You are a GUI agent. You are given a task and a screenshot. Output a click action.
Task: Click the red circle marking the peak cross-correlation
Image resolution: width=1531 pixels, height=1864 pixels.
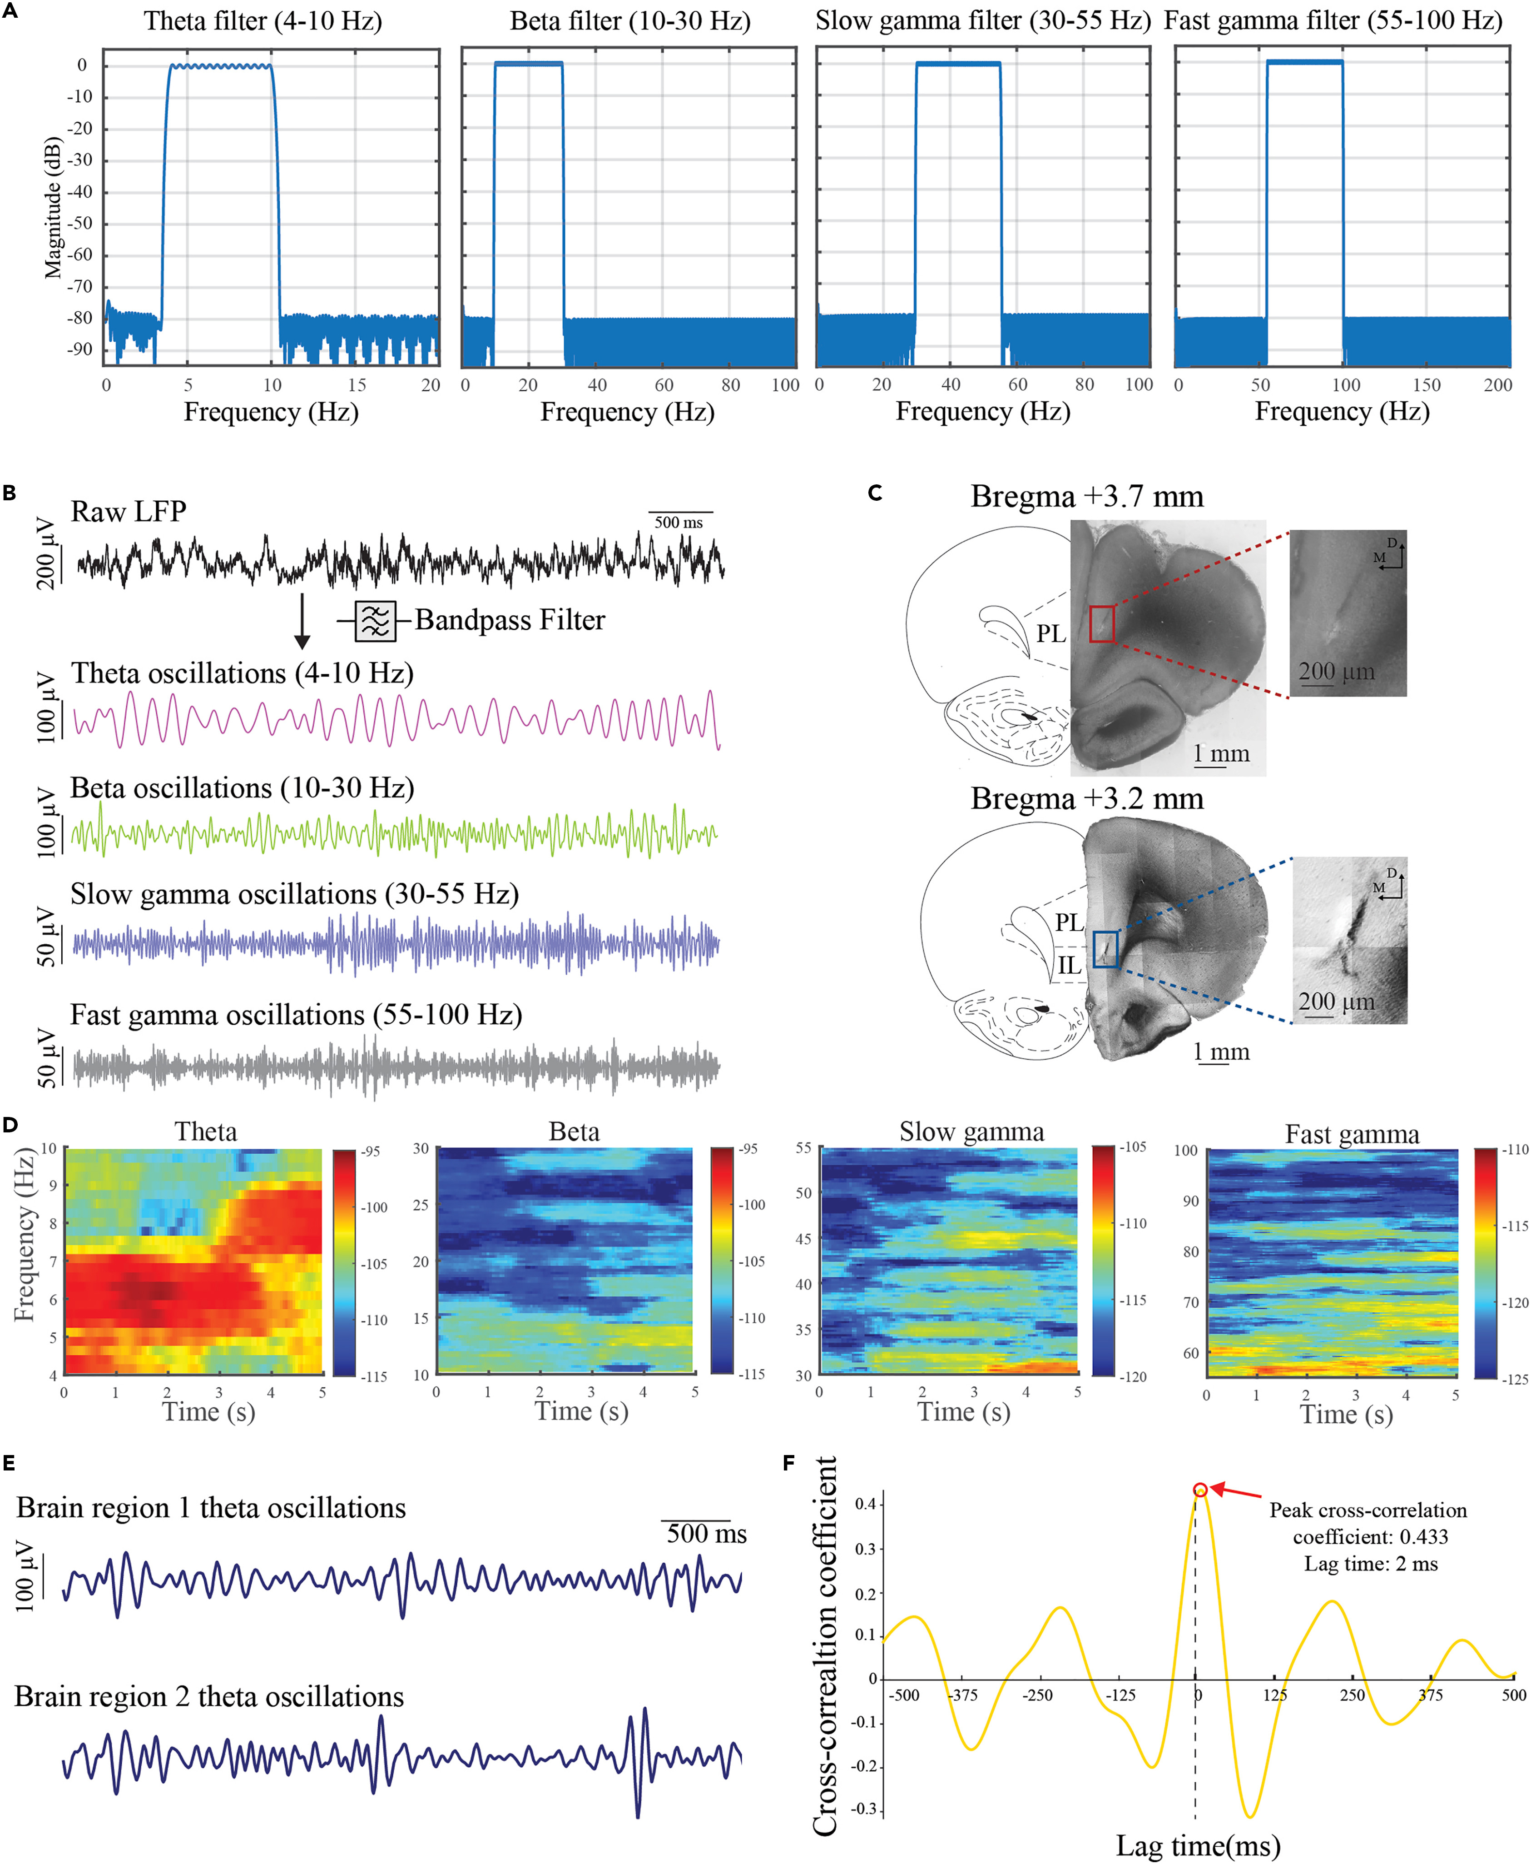[1200, 1490]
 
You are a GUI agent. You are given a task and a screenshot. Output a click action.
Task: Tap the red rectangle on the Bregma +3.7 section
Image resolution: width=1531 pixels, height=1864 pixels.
[1101, 624]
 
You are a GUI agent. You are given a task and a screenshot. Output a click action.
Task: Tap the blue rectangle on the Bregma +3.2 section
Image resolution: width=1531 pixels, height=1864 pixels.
[1105, 949]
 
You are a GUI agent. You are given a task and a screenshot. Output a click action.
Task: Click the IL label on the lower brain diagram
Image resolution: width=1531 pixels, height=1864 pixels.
[1069, 966]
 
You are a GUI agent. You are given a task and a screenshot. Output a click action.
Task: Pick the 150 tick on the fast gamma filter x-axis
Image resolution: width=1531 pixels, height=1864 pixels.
[1426, 384]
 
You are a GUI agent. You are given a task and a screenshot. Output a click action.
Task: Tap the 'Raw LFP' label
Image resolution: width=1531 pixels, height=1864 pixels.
[129, 512]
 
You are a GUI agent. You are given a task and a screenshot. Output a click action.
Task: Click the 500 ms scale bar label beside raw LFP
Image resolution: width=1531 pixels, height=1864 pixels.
[678, 522]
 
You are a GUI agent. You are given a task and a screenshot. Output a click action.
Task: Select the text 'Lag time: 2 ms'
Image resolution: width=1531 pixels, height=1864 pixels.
[1371, 1564]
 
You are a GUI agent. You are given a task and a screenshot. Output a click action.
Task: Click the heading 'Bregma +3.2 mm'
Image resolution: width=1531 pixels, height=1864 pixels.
[1086, 798]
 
